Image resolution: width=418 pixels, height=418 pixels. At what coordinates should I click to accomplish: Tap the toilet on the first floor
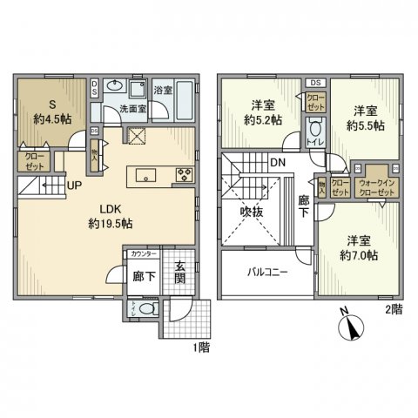tap(145, 308)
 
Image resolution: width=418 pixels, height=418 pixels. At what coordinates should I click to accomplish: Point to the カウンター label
tap(143, 253)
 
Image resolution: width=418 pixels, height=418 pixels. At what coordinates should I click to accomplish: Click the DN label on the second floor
tap(276, 162)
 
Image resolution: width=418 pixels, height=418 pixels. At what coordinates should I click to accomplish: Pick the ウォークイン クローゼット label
tap(379, 187)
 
